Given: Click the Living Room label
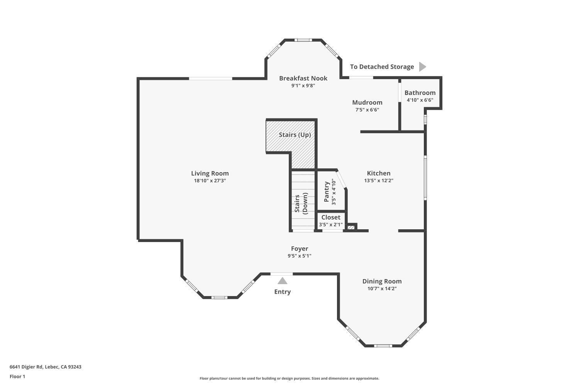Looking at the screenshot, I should pos(210,173).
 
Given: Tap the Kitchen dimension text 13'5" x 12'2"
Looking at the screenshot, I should pos(378,180).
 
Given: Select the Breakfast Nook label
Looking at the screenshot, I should pos(303,78).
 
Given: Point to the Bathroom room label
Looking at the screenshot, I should pos(420,93).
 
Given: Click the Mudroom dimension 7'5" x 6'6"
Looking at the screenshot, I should pos(367,110).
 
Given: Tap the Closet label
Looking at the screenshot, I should pos(331,217).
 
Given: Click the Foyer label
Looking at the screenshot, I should pos(300,249).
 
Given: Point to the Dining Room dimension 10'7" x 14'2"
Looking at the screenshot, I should pos(382,288).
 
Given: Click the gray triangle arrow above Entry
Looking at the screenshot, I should pos(283,281).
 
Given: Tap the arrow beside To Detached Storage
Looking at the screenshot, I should pos(422,67).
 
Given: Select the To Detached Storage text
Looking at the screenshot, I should pos(382,67).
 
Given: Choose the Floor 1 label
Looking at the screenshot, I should pos(17,376).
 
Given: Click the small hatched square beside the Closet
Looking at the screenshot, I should pos(351,227).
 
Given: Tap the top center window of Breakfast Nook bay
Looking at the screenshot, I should pos(303,40).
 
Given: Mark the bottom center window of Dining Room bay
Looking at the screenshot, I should pos(383,345).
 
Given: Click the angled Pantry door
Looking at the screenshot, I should pos(341,179).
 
